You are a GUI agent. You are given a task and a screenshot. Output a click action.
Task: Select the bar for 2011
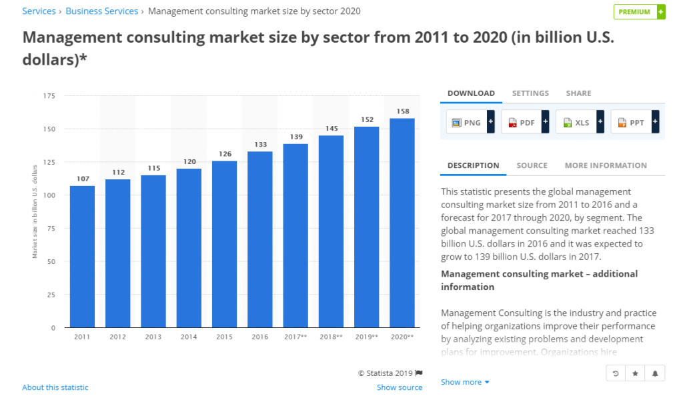[82, 257]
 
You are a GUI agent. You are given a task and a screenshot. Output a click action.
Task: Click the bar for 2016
[259, 240]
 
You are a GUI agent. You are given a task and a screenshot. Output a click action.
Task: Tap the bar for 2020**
[402, 223]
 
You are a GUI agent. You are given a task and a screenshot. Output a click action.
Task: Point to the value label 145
[331, 128]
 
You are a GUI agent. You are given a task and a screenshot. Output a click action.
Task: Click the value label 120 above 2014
[189, 161]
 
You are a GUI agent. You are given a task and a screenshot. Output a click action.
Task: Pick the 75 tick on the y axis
[50, 228]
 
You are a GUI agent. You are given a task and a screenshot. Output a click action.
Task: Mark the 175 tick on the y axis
[49, 96]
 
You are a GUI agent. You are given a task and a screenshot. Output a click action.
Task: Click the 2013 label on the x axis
[153, 337]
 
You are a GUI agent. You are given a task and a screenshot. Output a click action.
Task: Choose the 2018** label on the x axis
[331, 337]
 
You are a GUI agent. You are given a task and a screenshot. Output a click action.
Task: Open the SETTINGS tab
[530, 93]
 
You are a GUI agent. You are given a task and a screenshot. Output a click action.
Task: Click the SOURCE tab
[532, 165]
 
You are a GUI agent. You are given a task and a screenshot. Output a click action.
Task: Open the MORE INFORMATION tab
[606, 165]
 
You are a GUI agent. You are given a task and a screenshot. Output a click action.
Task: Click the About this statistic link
[55, 387]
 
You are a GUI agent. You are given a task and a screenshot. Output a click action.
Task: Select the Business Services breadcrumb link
[102, 11]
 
